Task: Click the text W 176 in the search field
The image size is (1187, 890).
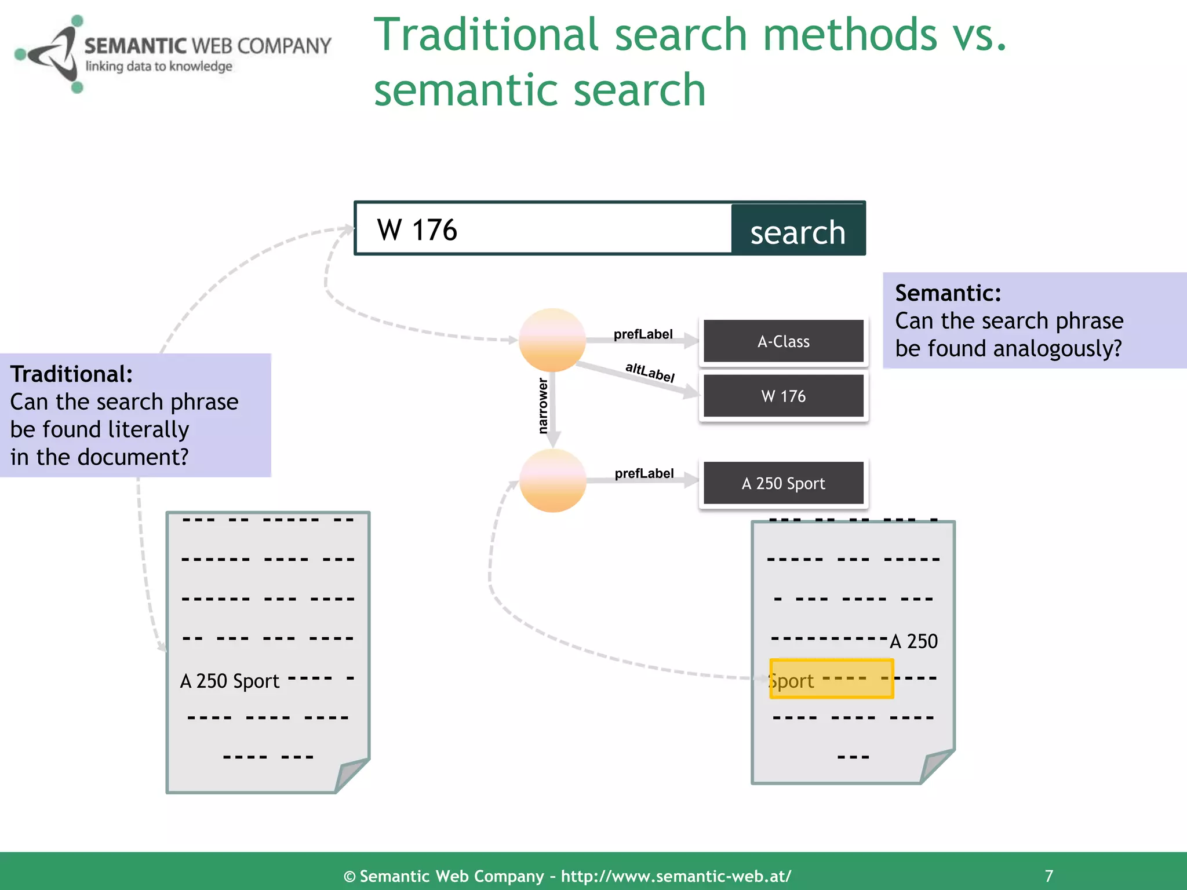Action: [x=417, y=230]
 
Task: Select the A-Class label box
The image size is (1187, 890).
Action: [x=783, y=341]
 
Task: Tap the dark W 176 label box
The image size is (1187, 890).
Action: [x=783, y=396]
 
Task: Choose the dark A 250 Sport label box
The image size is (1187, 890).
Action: [x=783, y=483]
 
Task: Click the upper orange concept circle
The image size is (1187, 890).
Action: [x=552, y=340]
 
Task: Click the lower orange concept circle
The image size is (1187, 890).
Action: [x=552, y=480]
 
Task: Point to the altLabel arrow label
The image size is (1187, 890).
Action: [x=650, y=372]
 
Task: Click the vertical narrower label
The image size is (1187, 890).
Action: [x=542, y=406]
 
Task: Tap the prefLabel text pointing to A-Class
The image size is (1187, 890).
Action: [x=643, y=334]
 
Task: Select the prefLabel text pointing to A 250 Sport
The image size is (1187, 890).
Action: [x=644, y=473]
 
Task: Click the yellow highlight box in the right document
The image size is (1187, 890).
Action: [x=831, y=679]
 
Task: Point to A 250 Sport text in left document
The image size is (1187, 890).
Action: [x=230, y=681]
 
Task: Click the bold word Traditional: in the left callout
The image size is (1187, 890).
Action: [x=71, y=374]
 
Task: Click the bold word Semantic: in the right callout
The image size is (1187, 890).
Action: [x=948, y=293]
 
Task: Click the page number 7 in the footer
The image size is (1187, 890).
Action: [x=1048, y=876]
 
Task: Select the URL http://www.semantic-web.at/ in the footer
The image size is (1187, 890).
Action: [x=676, y=876]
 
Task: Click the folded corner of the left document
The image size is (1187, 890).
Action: [x=352, y=774]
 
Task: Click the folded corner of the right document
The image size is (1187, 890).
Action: [x=937, y=765]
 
